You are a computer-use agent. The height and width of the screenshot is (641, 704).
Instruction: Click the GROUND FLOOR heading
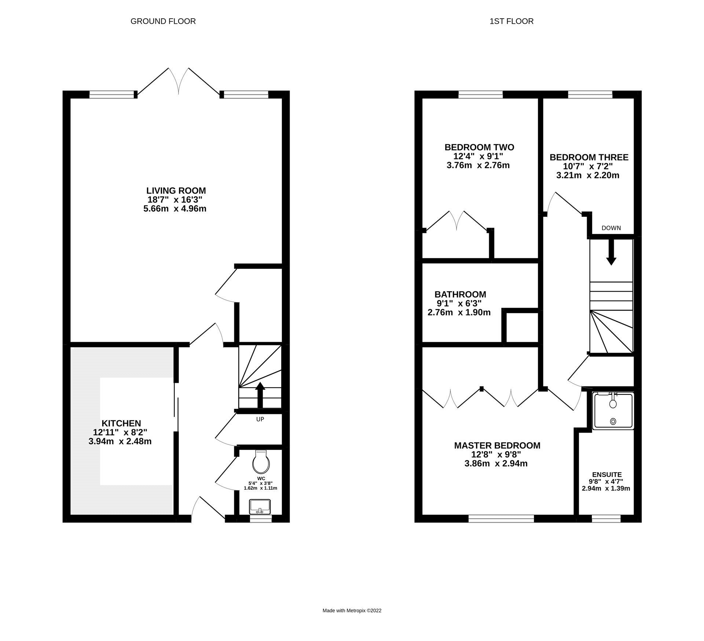pos(163,21)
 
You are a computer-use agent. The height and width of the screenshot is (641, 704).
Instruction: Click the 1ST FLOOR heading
pos(511,21)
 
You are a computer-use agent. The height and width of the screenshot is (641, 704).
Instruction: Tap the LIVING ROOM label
pos(176,190)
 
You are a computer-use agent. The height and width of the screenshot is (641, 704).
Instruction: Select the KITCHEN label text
pos(121,423)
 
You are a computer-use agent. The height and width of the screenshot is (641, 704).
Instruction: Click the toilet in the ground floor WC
pos(261,463)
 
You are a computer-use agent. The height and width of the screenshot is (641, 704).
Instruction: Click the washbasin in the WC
pos(260,507)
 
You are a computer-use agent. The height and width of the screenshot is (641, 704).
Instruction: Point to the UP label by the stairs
pos(260,419)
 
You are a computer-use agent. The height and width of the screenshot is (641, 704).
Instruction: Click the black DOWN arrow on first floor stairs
pos(611,253)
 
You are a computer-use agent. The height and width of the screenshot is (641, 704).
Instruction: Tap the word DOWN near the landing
pos(611,228)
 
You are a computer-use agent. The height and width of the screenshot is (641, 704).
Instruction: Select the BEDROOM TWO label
pos(479,147)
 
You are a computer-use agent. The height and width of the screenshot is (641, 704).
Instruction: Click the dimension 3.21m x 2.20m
pos(587,175)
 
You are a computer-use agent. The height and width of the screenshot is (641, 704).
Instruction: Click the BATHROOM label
pos(460,294)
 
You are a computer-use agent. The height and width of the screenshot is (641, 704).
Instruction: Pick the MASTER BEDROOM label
pos(497,445)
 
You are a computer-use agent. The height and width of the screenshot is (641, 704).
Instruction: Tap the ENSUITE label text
pos(606,475)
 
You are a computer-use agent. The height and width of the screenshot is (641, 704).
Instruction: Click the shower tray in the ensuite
pos(613,411)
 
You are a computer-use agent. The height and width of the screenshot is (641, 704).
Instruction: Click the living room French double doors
pos(178,82)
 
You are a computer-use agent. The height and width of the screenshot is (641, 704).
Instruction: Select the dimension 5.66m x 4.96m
pos(175,209)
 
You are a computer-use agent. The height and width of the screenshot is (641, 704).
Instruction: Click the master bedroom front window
pos(501,518)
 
